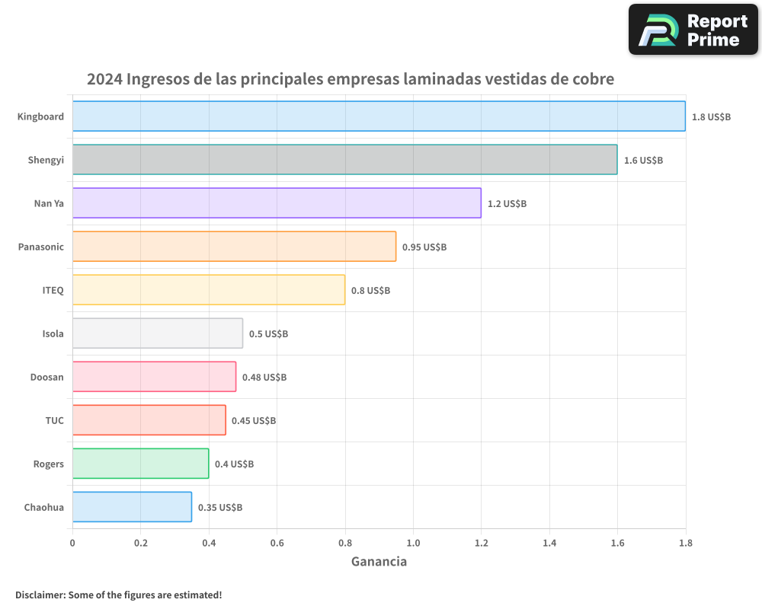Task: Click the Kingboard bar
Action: click(x=379, y=116)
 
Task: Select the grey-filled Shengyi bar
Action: click(x=344, y=160)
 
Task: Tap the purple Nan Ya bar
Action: click(x=277, y=203)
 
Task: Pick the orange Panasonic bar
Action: click(x=234, y=247)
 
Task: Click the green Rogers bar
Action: click(x=140, y=464)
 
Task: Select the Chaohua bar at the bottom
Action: click(x=132, y=507)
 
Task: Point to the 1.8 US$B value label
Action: click(x=711, y=117)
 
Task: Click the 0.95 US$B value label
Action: click(x=424, y=247)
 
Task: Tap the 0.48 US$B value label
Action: click(x=264, y=378)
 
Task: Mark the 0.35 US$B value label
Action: click(x=220, y=508)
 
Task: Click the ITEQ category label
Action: click(x=53, y=290)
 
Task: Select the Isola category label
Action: click(x=53, y=333)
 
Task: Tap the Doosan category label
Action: click(x=46, y=377)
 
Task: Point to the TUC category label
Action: click(x=54, y=420)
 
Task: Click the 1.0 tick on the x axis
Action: click(x=413, y=544)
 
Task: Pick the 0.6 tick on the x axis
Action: click(x=277, y=544)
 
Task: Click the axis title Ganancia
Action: click(x=379, y=562)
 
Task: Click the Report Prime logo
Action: click(x=693, y=30)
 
